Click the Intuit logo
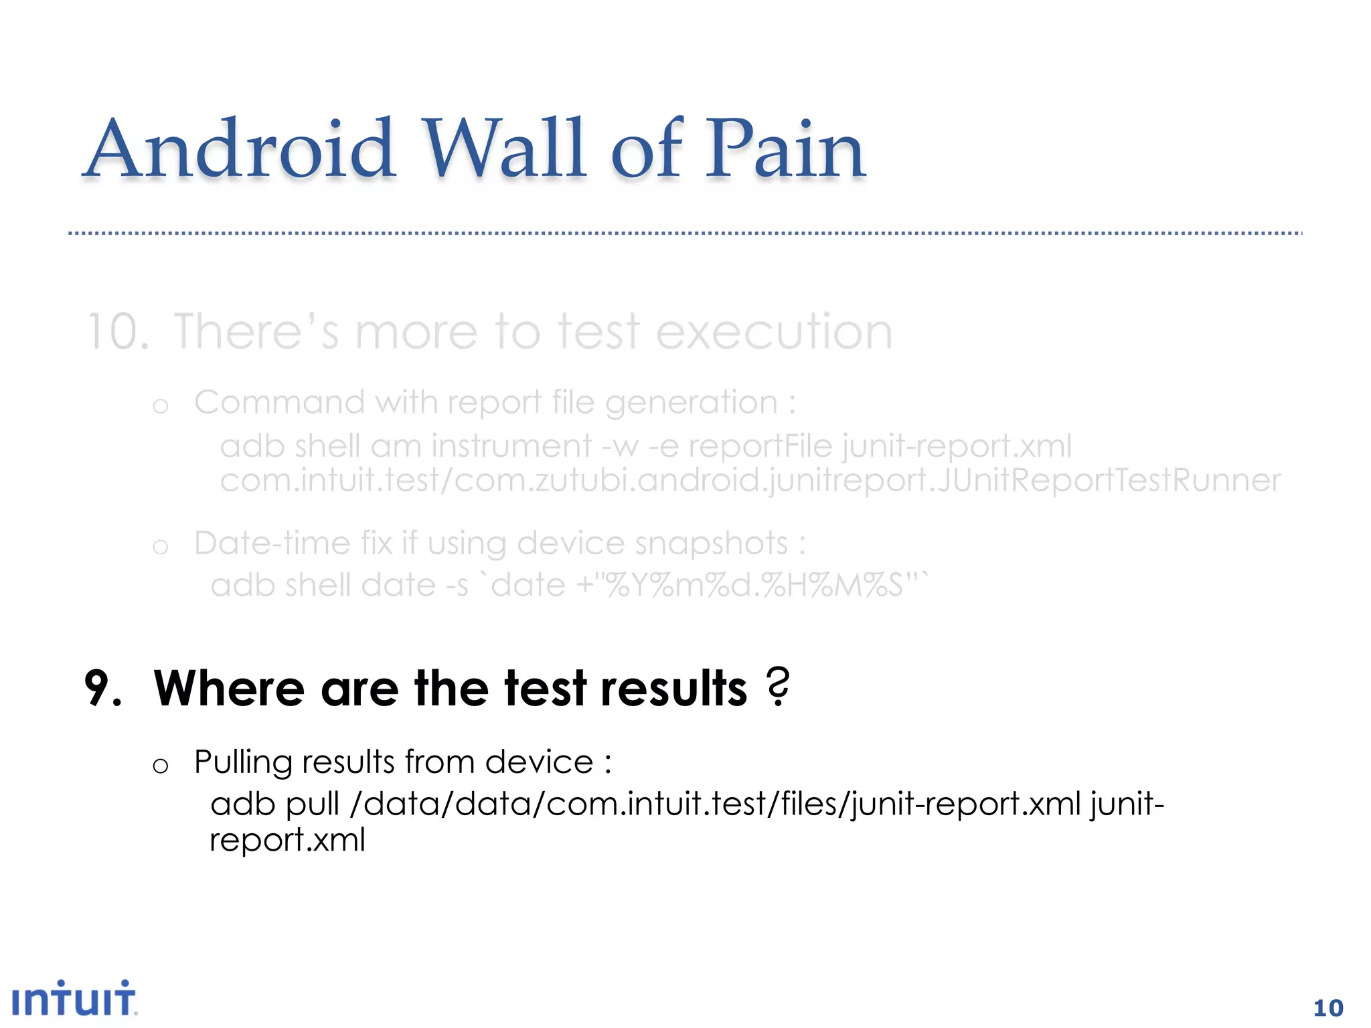tap(74, 999)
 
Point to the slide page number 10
tap(1328, 1008)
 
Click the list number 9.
tap(103, 689)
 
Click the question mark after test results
tap(778, 687)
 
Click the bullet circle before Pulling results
tap(160, 766)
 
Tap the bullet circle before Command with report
tap(160, 406)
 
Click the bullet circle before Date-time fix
tap(160, 547)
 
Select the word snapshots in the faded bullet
tap(712, 543)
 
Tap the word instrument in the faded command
tap(511, 446)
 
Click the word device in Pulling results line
tap(539, 762)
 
